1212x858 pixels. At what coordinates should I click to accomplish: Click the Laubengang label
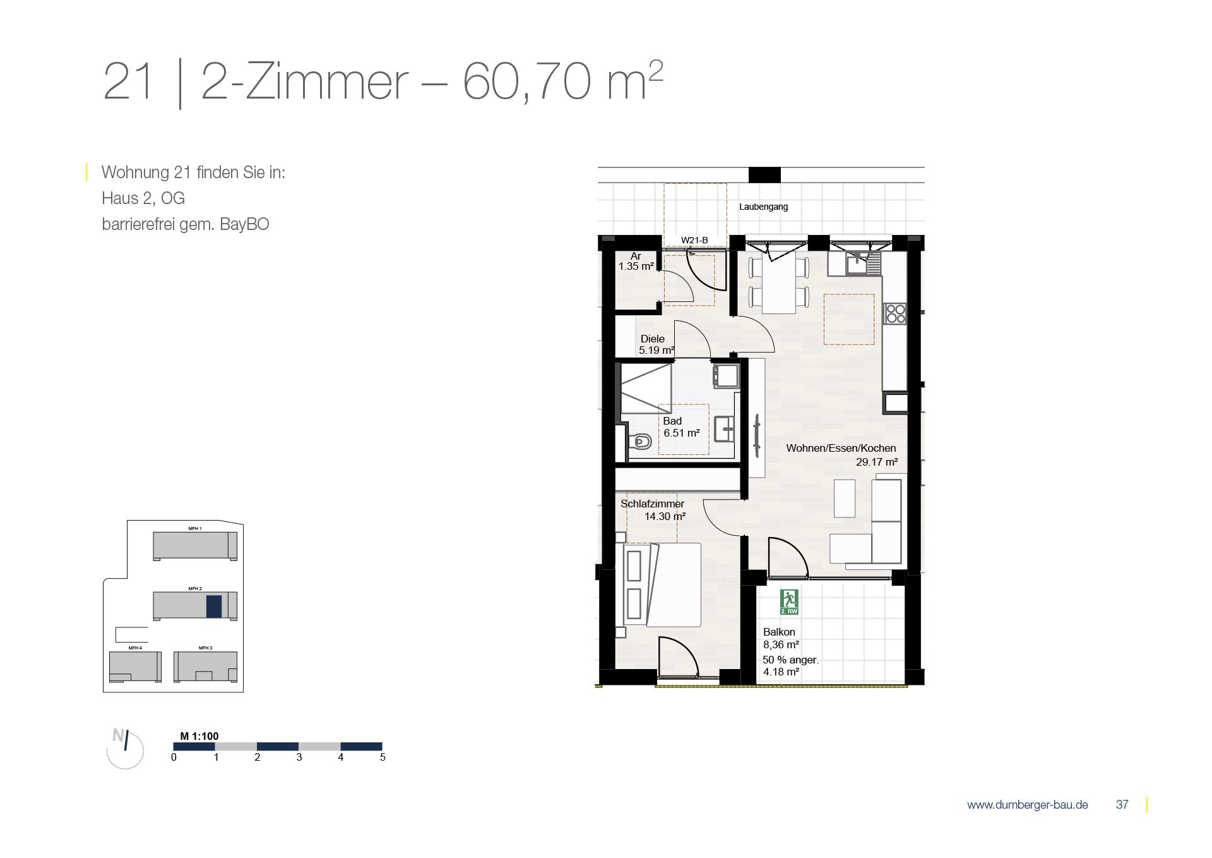763,207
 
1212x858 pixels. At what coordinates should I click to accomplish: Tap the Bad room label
672,421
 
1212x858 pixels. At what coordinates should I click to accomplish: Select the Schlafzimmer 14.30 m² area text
665,516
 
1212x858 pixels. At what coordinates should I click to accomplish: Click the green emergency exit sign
789,602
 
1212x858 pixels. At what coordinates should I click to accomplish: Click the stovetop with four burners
895,313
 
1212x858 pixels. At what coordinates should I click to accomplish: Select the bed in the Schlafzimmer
662,584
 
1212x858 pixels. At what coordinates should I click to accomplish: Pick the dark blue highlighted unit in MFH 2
214,607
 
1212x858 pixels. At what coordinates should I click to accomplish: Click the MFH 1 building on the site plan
195,545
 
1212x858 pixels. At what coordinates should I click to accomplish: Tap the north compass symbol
124,749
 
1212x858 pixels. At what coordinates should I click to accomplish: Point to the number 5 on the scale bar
383,757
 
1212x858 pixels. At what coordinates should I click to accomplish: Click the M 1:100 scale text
199,736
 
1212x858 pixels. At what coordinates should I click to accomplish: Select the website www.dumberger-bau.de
1027,805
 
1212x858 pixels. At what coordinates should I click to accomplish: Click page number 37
1122,804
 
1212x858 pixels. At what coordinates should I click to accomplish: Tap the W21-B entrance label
694,240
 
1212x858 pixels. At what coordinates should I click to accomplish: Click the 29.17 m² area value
877,462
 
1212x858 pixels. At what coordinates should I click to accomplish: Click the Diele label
653,339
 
